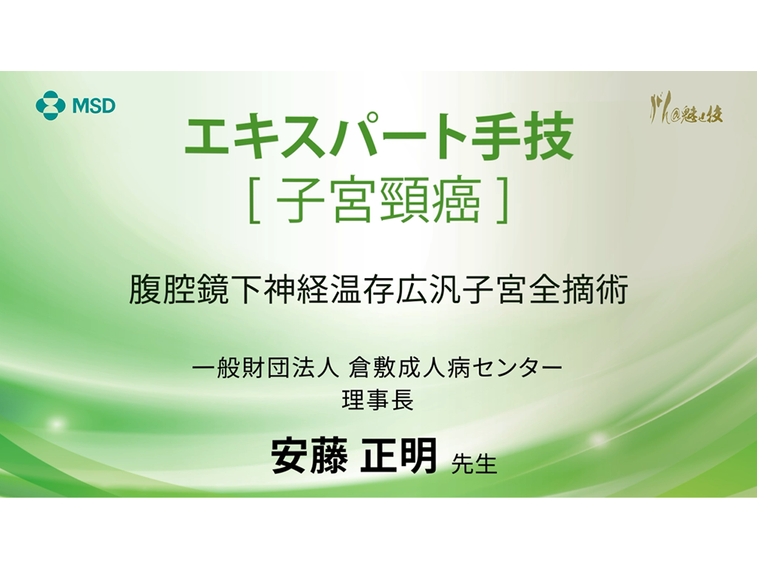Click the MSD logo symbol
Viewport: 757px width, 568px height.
pyautogui.click(x=51, y=104)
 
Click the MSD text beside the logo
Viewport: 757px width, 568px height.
pyautogui.click(x=93, y=105)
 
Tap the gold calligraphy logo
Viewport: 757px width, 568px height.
pyautogui.click(x=685, y=113)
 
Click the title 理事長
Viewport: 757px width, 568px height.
pyautogui.click(x=378, y=401)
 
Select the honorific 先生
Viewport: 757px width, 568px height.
pyautogui.click(x=473, y=464)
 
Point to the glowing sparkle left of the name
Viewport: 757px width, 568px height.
pyautogui.click(x=55, y=424)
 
